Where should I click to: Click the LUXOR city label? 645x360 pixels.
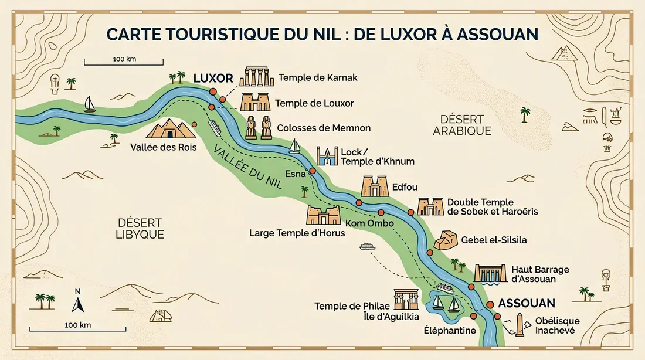tap(213, 78)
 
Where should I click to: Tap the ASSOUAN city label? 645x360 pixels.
tap(527, 304)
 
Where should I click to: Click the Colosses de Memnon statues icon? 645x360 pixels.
tap(259, 127)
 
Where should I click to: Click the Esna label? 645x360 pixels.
tap(295, 174)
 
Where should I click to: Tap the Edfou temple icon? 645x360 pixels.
tap(376, 186)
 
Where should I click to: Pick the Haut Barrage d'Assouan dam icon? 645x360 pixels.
tap(489, 273)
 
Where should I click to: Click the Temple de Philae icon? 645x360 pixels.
tap(406, 298)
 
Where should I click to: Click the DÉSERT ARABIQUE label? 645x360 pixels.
tap(462, 125)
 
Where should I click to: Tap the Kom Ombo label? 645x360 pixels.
tap(369, 223)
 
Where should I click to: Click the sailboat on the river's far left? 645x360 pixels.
tap(89, 104)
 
